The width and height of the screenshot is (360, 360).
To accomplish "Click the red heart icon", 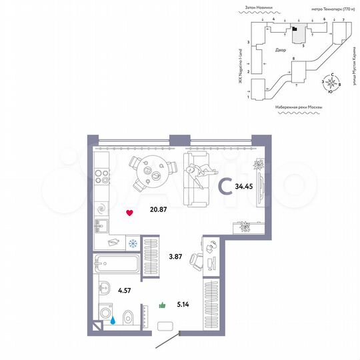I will pyautogui.click(x=130, y=213).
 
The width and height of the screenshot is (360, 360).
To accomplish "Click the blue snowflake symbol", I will pyautogui.click(x=132, y=243).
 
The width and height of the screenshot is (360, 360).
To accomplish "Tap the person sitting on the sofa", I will pyautogui.click(x=194, y=175).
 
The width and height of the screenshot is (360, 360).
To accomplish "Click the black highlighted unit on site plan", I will pyautogui.click(x=294, y=29).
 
